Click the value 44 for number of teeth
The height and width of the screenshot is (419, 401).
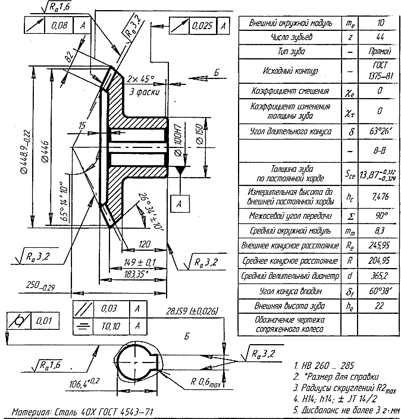point(379,38)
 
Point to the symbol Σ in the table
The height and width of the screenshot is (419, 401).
point(350,214)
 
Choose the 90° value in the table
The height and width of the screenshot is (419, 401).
point(379,214)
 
